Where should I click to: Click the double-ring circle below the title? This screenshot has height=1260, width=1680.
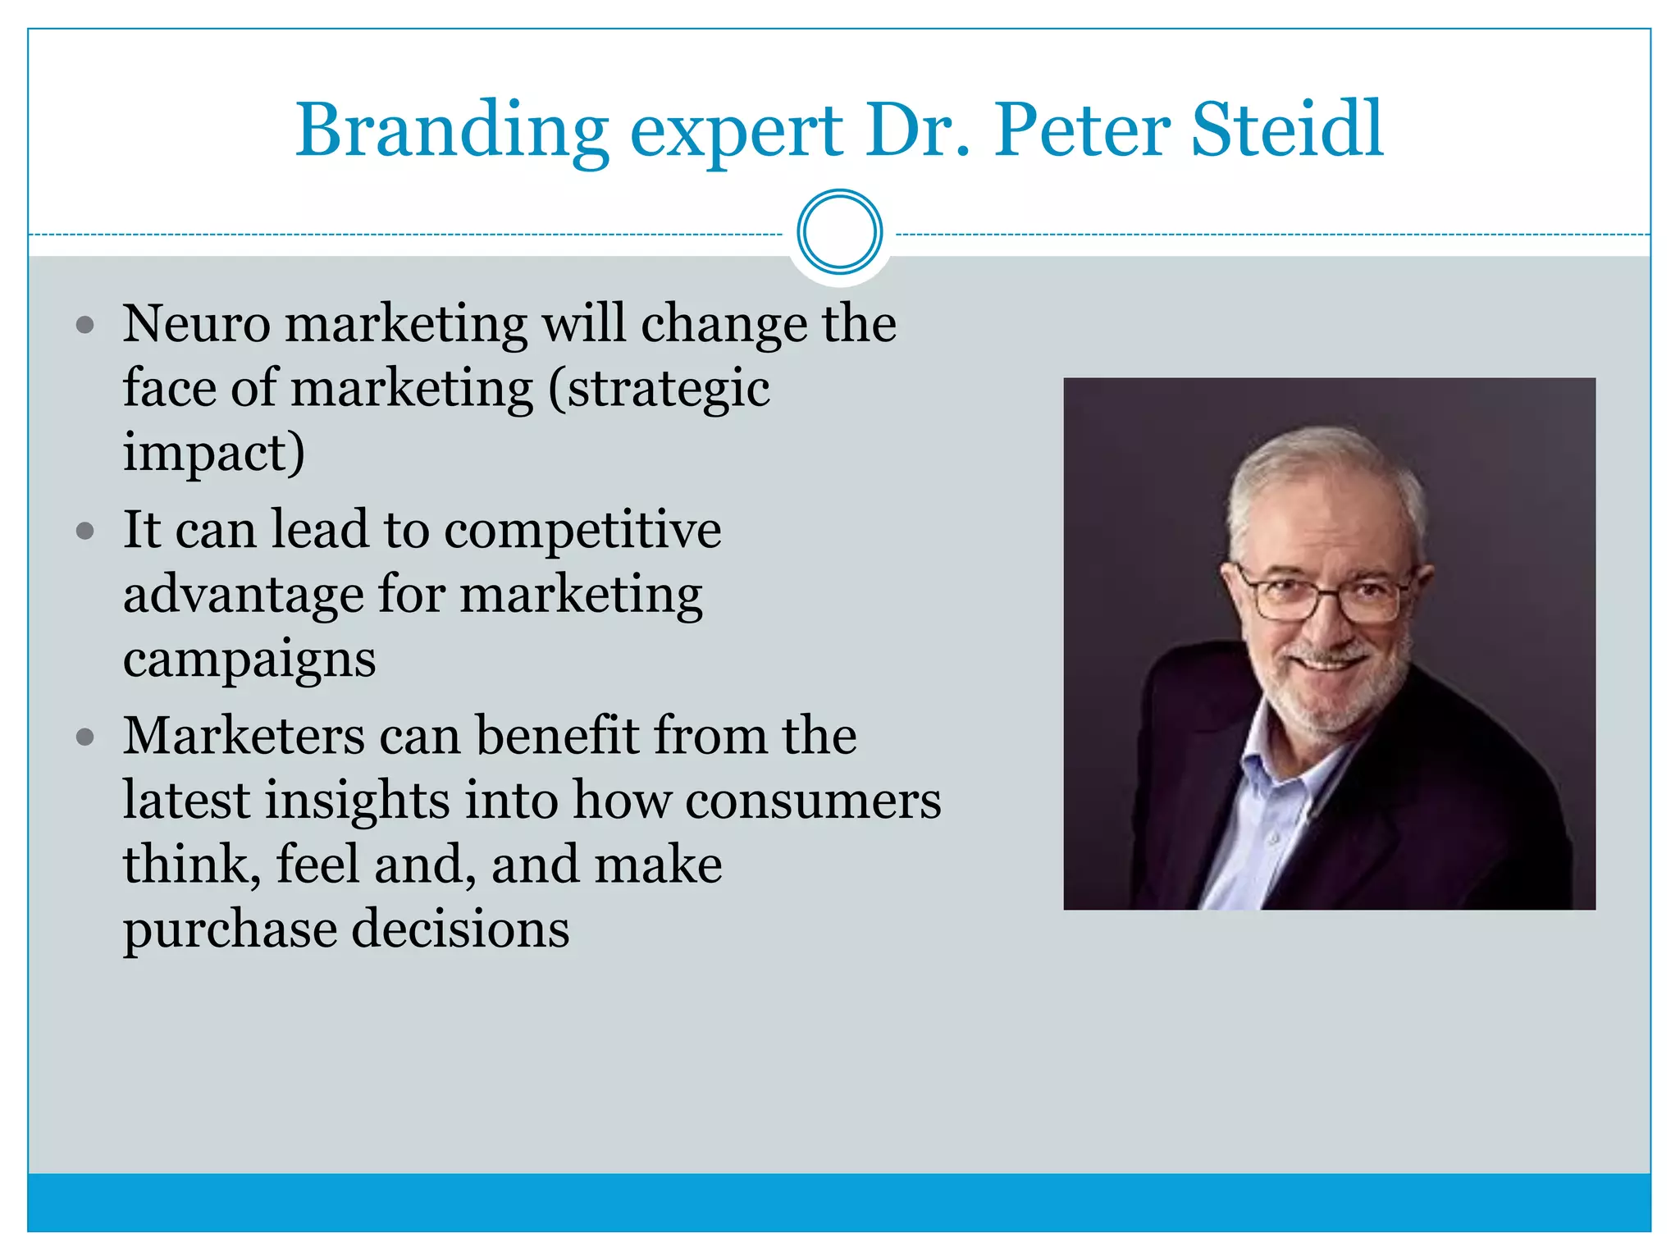(x=839, y=232)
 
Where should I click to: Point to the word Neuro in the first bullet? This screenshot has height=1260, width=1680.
(x=197, y=323)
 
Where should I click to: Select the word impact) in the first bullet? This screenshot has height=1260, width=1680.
(x=214, y=453)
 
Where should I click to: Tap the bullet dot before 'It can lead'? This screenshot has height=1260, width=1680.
(x=85, y=531)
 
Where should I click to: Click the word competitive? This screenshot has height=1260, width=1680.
(x=582, y=531)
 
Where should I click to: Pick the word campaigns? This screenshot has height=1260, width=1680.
(x=249, y=659)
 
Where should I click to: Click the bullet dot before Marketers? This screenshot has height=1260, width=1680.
(x=85, y=737)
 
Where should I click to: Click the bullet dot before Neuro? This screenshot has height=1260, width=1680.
(x=85, y=326)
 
